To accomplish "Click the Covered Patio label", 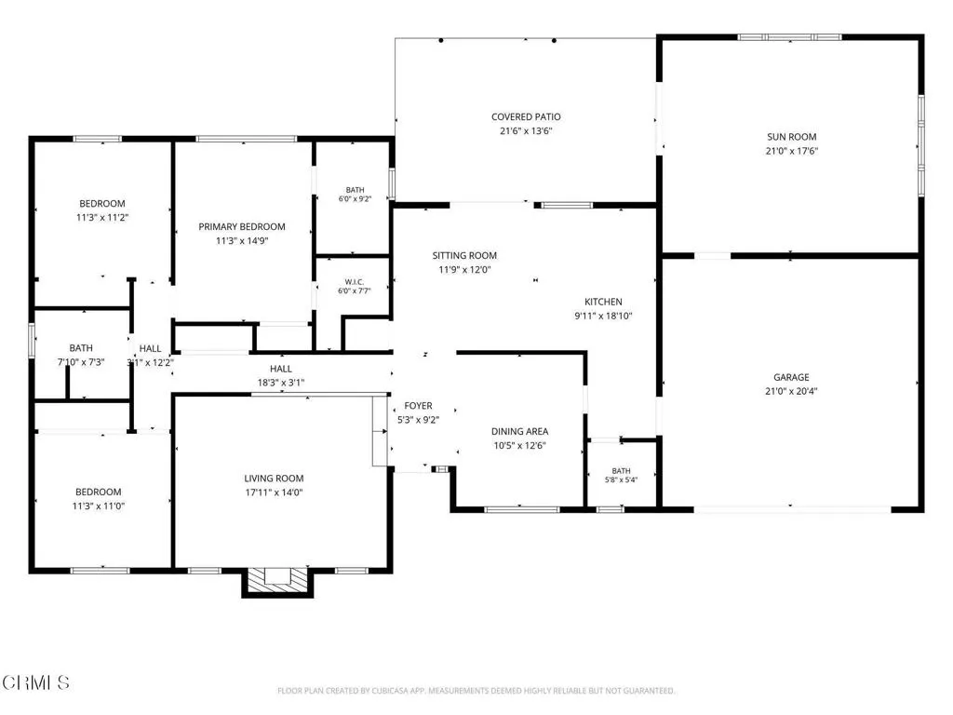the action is click(x=526, y=116).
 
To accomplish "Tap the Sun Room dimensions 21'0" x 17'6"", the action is click(x=791, y=151).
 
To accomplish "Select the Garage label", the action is click(x=791, y=377).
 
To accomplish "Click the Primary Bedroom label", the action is click(x=242, y=227).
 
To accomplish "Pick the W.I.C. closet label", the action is click(x=355, y=281).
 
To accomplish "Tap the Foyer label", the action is click(x=418, y=406).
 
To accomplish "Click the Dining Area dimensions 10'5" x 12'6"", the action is click(x=519, y=445).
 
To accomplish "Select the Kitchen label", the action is click(x=603, y=302).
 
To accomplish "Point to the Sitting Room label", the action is click(x=464, y=255).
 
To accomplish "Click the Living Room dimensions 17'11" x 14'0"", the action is click(x=275, y=492).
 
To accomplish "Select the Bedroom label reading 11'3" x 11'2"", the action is click(x=102, y=210).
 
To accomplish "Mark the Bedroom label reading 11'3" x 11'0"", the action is click(x=99, y=499).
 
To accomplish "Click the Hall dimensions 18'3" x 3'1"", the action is click(x=281, y=383).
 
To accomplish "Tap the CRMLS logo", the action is click(x=35, y=682).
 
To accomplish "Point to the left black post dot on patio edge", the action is click(x=441, y=40).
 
